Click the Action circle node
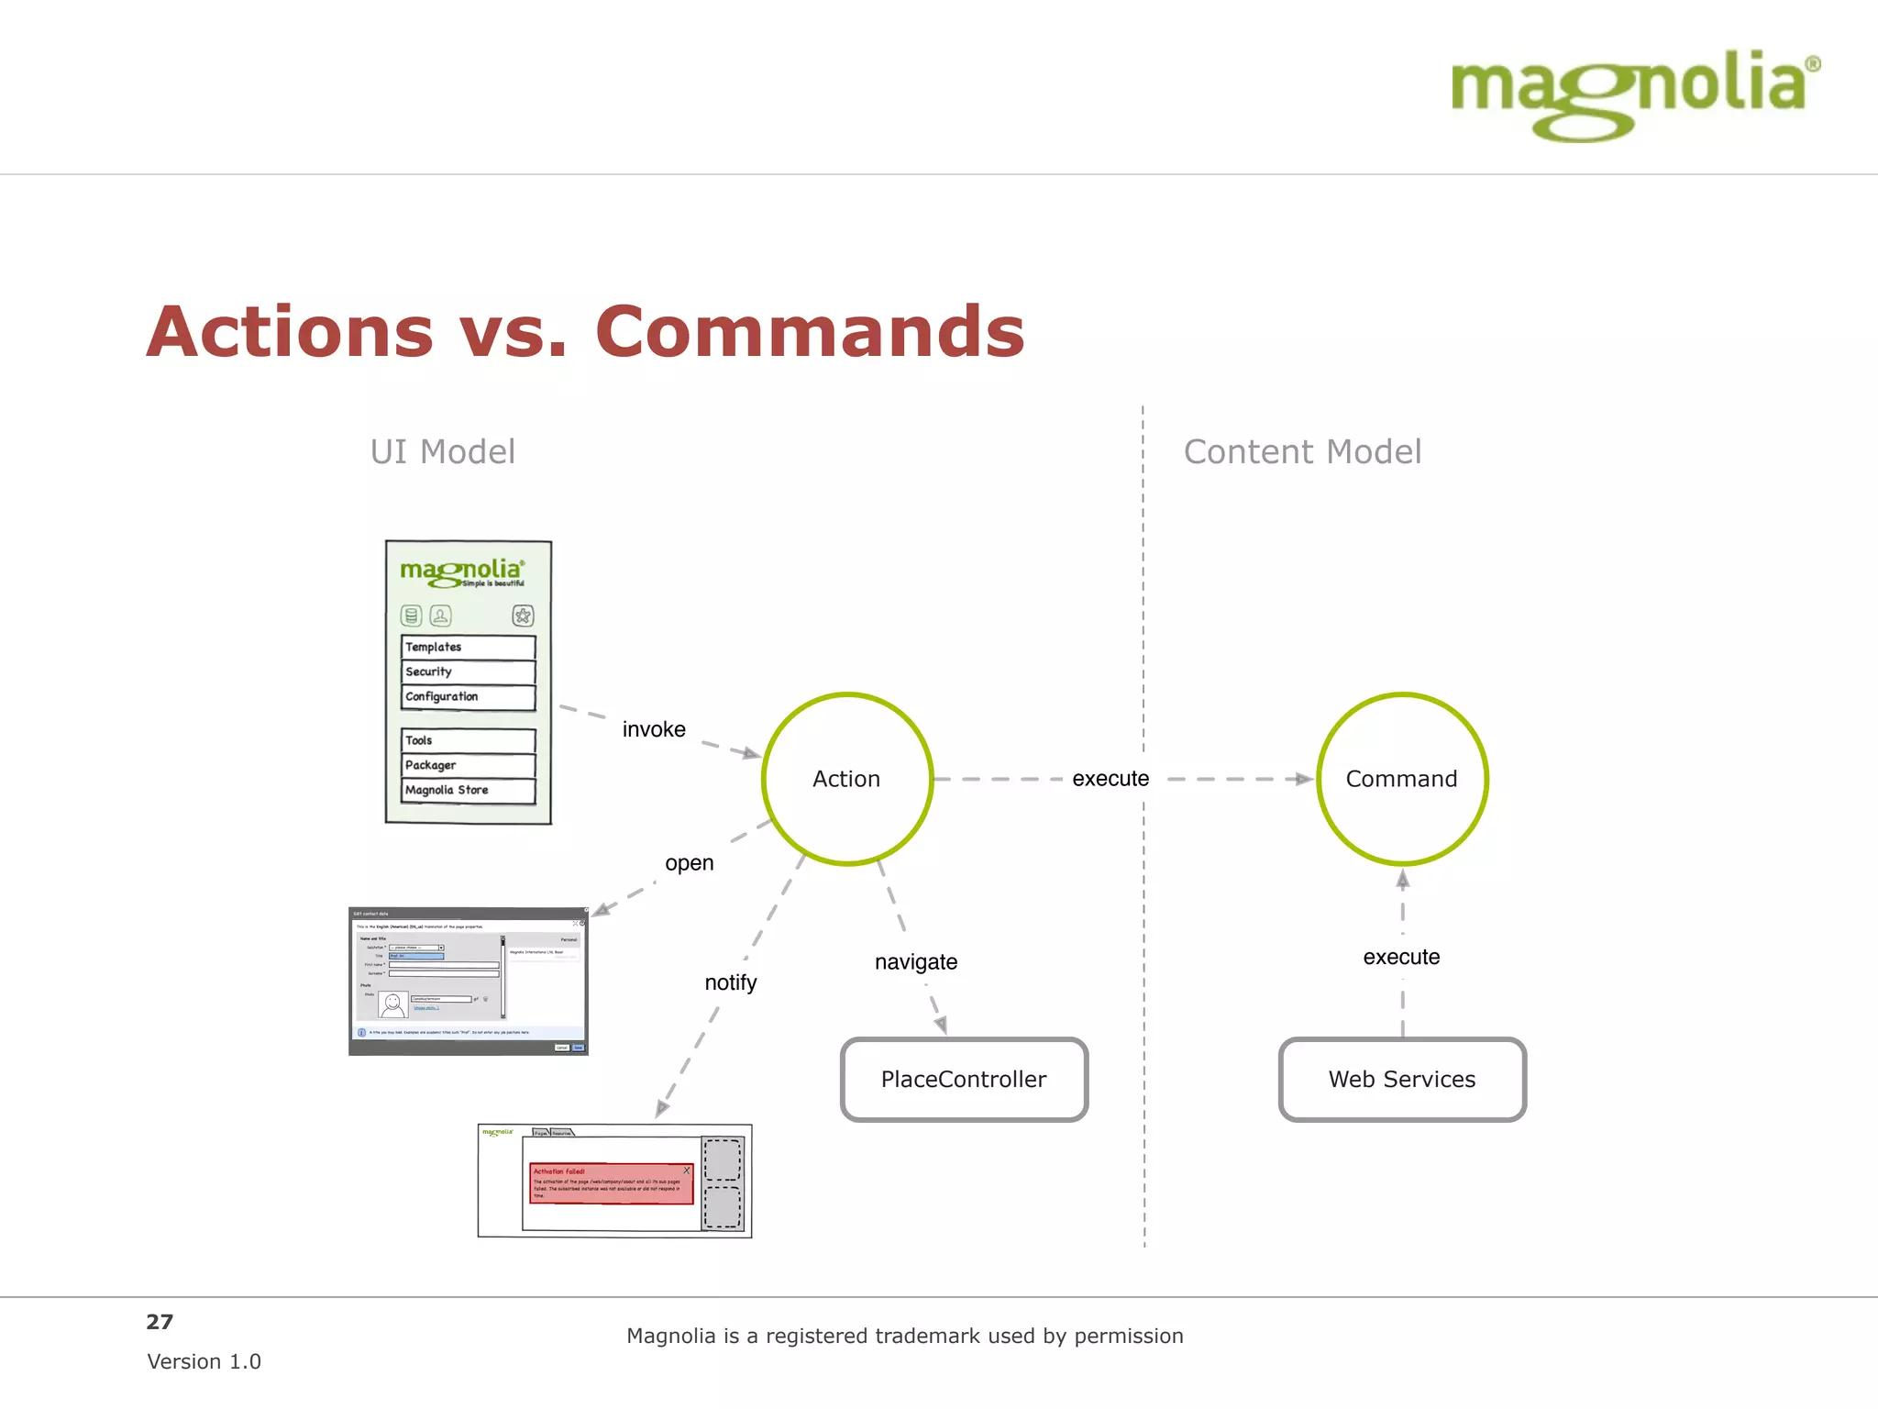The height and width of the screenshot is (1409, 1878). coord(846,779)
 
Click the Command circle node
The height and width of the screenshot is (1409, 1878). coord(1401,779)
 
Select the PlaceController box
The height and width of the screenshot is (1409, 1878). coord(964,1080)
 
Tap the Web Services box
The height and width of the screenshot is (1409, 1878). coord(1402,1080)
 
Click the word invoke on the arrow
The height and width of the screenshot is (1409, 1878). coord(654,729)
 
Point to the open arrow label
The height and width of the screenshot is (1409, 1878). coord(689,863)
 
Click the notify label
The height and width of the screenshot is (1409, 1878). coord(731,982)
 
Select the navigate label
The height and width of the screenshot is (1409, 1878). coord(916,962)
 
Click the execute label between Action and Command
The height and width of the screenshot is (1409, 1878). coord(1110,779)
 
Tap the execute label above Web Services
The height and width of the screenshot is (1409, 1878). coord(1401,957)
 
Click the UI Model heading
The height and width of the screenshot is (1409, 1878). coord(443,452)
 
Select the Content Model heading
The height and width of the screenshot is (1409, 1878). coord(1302,452)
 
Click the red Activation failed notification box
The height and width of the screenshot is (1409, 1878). coord(611,1183)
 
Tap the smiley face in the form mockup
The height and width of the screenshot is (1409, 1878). coord(393,1004)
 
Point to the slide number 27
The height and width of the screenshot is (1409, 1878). coord(160,1322)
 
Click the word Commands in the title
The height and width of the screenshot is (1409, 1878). coord(810,332)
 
